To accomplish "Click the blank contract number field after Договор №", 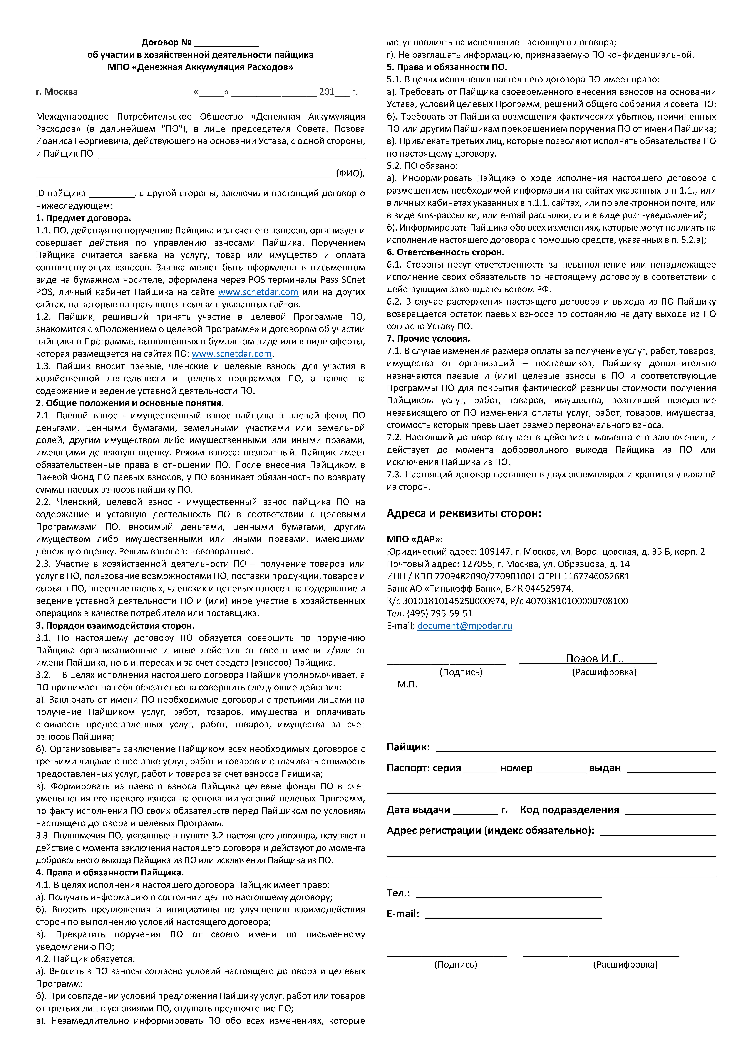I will click(227, 44).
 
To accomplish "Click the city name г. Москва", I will click(57, 92).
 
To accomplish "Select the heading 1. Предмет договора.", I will click(83, 218).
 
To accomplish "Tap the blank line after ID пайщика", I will click(111, 195).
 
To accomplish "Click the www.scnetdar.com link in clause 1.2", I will click(232, 354).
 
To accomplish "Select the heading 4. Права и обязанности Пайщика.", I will click(110, 873).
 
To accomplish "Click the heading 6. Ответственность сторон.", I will click(446, 252).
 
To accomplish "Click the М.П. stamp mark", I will click(407, 684).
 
